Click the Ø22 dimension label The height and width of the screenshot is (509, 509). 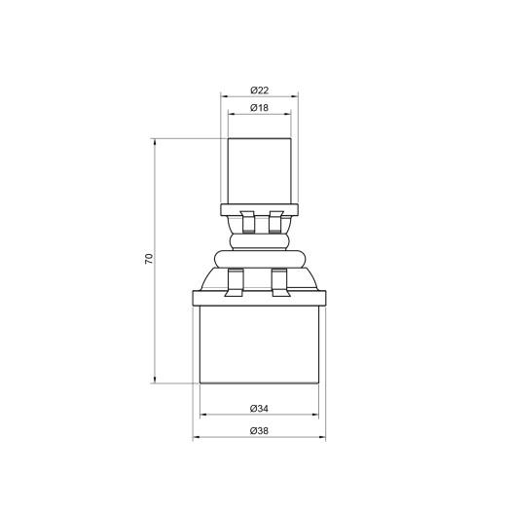click(258, 91)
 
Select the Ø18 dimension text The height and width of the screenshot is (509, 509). click(258, 107)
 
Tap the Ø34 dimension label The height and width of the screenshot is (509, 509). click(258, 409)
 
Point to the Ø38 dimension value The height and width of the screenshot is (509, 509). click(258, 430)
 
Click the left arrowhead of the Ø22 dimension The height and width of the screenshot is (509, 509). click(224, 97)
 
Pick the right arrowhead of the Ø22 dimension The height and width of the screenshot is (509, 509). click(294, 97)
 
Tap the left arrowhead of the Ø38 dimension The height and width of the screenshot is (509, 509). click(196, 437)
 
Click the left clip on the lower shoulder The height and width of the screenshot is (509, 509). click(235, 282)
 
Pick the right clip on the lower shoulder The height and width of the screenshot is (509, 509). click(281, 282)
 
